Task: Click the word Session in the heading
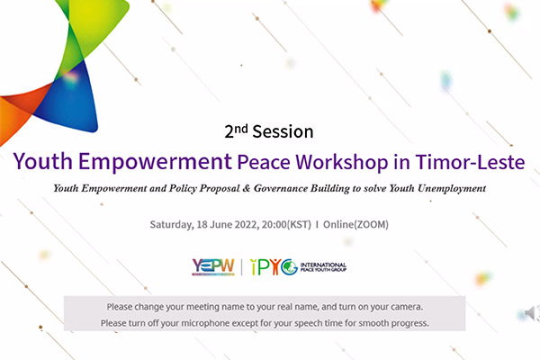(283, 131)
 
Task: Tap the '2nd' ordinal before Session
(236, 131)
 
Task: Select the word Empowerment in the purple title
(156, 162)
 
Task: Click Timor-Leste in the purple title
(470, 162)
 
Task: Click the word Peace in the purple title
(264, 162)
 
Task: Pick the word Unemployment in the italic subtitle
(452, 188)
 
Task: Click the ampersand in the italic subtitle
(246, 188)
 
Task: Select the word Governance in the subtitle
(281, 188)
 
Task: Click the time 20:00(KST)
(286, 225)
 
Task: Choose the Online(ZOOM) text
(355, 225)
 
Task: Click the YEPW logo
(213, 267)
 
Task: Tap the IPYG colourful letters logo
(274, 267)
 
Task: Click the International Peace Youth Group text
(323, 267)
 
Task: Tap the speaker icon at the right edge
(531, 313)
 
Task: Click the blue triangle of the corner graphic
(70, 100)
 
